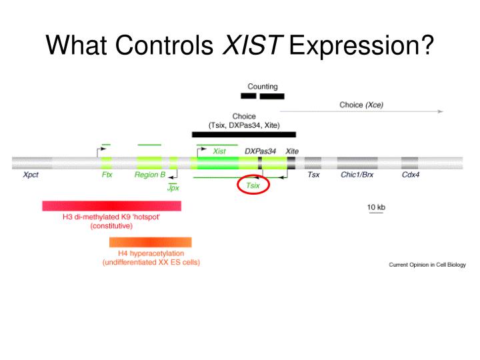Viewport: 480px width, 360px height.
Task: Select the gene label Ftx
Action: [x=107, y=175]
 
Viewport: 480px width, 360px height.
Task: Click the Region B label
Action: [x=150, y=175]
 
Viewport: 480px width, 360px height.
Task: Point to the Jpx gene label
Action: [x=173, y=188]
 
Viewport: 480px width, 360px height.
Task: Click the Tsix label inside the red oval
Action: [x=253, y=186]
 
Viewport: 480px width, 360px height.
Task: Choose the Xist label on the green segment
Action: [x=219, y=151]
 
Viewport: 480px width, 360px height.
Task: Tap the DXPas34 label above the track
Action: [x=260, y=151]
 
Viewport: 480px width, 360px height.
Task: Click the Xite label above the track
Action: [x=292, y=151]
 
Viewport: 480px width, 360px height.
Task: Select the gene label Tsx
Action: [x=313, y=175]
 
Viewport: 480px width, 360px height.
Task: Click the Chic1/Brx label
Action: [x=357, y=175]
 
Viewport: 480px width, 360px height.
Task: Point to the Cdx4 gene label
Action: [x=411, y=175]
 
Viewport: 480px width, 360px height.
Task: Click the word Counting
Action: [x=263, y=87]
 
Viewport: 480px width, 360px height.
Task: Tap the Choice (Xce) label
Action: [x=361, y=105]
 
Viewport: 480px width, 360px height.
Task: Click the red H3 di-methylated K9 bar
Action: [x=111, y=206]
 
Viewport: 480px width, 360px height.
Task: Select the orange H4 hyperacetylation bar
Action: [x=151, y=242]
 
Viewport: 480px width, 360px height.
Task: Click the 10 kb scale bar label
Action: [x=376, y=207]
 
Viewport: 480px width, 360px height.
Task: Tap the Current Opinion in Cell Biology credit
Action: [x=427, y=265]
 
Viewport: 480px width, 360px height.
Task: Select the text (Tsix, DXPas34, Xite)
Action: [x=244, y=125]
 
